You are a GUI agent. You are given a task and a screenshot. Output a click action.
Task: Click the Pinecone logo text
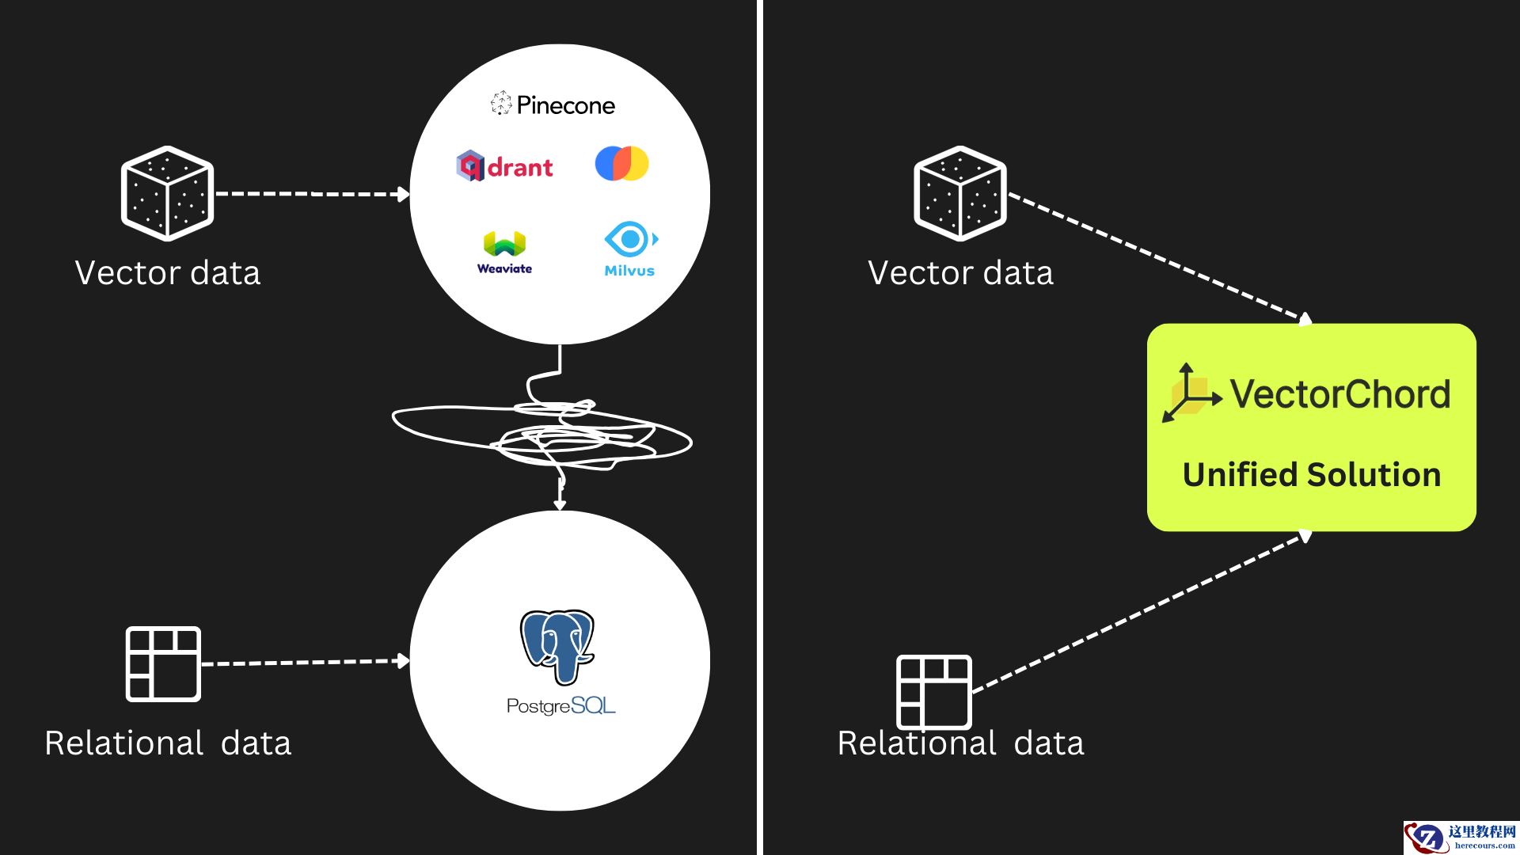coord(565,105)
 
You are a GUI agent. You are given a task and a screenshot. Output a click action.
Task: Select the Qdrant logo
coord(504,166)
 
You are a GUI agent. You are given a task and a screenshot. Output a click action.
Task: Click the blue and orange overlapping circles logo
coord(621,163)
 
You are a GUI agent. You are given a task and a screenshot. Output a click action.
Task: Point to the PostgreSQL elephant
coord(557,646)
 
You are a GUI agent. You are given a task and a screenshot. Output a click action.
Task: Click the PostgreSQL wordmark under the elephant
coord(560,705)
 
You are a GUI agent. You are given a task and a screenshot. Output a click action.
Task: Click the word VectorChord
coord(1340,394)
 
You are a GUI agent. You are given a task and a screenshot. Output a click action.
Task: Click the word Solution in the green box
coord(1374,475)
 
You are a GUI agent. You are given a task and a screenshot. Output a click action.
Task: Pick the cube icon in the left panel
coord(167,193)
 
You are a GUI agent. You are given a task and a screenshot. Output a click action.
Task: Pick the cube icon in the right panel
coord(959,193)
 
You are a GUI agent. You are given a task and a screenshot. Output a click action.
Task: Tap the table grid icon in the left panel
coord(163,664)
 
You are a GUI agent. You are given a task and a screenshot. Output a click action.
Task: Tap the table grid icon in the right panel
coord(933,692)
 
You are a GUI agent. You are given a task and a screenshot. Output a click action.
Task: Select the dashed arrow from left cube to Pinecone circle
coord(311,193)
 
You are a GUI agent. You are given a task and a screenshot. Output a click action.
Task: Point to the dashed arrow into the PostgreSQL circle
coord(305,662)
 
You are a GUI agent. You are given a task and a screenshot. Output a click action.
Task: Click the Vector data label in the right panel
coord(960,273)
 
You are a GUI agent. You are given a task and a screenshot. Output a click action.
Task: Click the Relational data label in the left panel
coord(168,743)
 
